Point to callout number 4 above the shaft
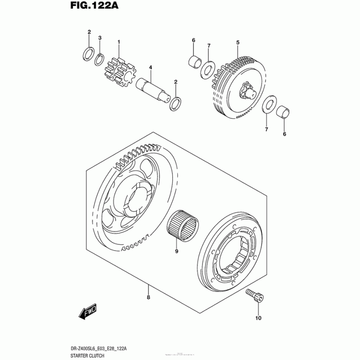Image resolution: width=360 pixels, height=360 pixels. click(x=150, y=67)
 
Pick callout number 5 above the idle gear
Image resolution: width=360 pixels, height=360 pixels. click(x=238, y=42)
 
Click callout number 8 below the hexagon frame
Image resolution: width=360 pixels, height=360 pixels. click(x=148, y=297)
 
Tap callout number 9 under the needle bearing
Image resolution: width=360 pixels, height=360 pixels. click(x=176, y=252)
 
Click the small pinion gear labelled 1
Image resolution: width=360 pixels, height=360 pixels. click(x=119, y=70)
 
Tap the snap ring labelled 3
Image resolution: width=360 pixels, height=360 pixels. click(x=100, y=59)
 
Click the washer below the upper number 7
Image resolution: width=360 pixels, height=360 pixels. click(x=207, y=69)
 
